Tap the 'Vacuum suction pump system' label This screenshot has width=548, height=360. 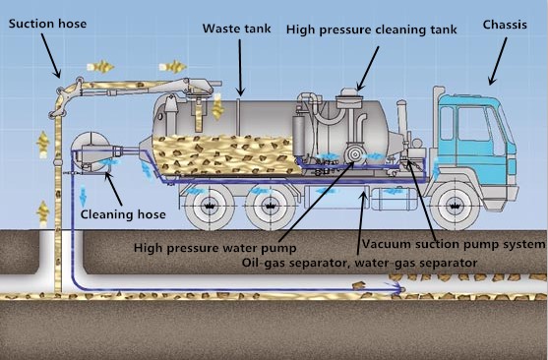453,243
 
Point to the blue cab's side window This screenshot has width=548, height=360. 463,123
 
